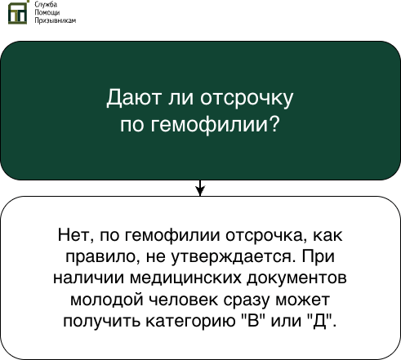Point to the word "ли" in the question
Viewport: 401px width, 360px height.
pyautogui.click(x=175, y=100)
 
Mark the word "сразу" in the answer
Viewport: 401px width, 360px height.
pyautogui.click(x=238, y=299)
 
